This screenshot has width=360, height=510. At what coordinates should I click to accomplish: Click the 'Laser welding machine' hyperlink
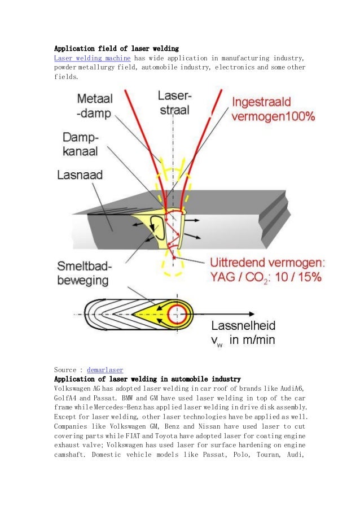click(x=92, y=58)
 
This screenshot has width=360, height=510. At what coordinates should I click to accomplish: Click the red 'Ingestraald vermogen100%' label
click(x=273, y=110)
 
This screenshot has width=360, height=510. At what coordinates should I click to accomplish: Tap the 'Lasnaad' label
click(x=80, y=175)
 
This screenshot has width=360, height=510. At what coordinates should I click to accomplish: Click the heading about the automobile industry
click(x=147, y=379)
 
